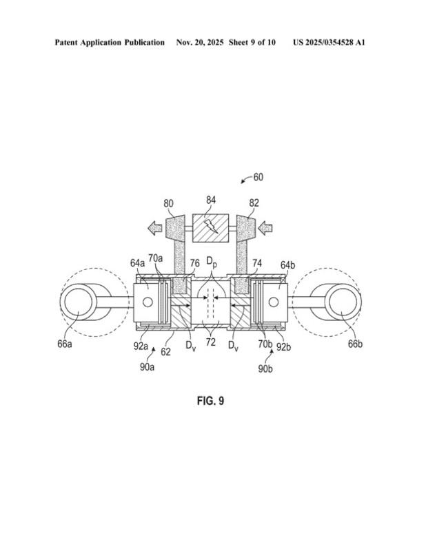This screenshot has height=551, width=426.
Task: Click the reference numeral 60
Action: pos(258,177)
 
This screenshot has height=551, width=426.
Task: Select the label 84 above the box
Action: pos(211,200)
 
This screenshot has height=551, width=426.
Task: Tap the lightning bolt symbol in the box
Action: pos(212,227)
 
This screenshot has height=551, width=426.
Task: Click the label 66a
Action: pos(63,343)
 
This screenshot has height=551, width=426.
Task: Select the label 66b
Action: pos(356,343)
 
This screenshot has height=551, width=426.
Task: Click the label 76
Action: pos(195,262)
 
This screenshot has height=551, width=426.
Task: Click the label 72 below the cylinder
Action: pos(211,342)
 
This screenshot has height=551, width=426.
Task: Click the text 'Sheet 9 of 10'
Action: pos(253,43)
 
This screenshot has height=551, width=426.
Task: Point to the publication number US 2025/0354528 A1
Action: pos(329,43)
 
